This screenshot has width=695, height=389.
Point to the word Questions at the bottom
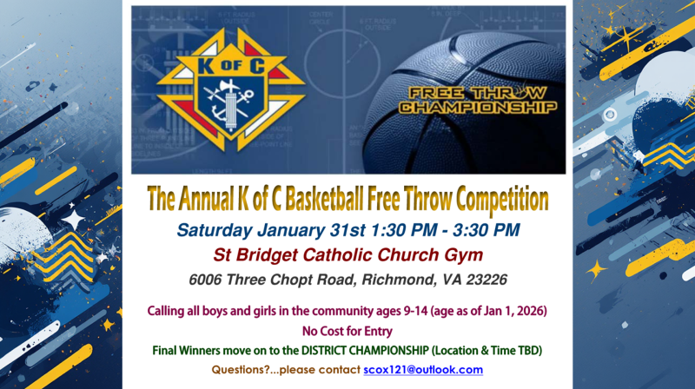[x=241, y=369]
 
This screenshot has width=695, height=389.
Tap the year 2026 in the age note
[x=529, y=310]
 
